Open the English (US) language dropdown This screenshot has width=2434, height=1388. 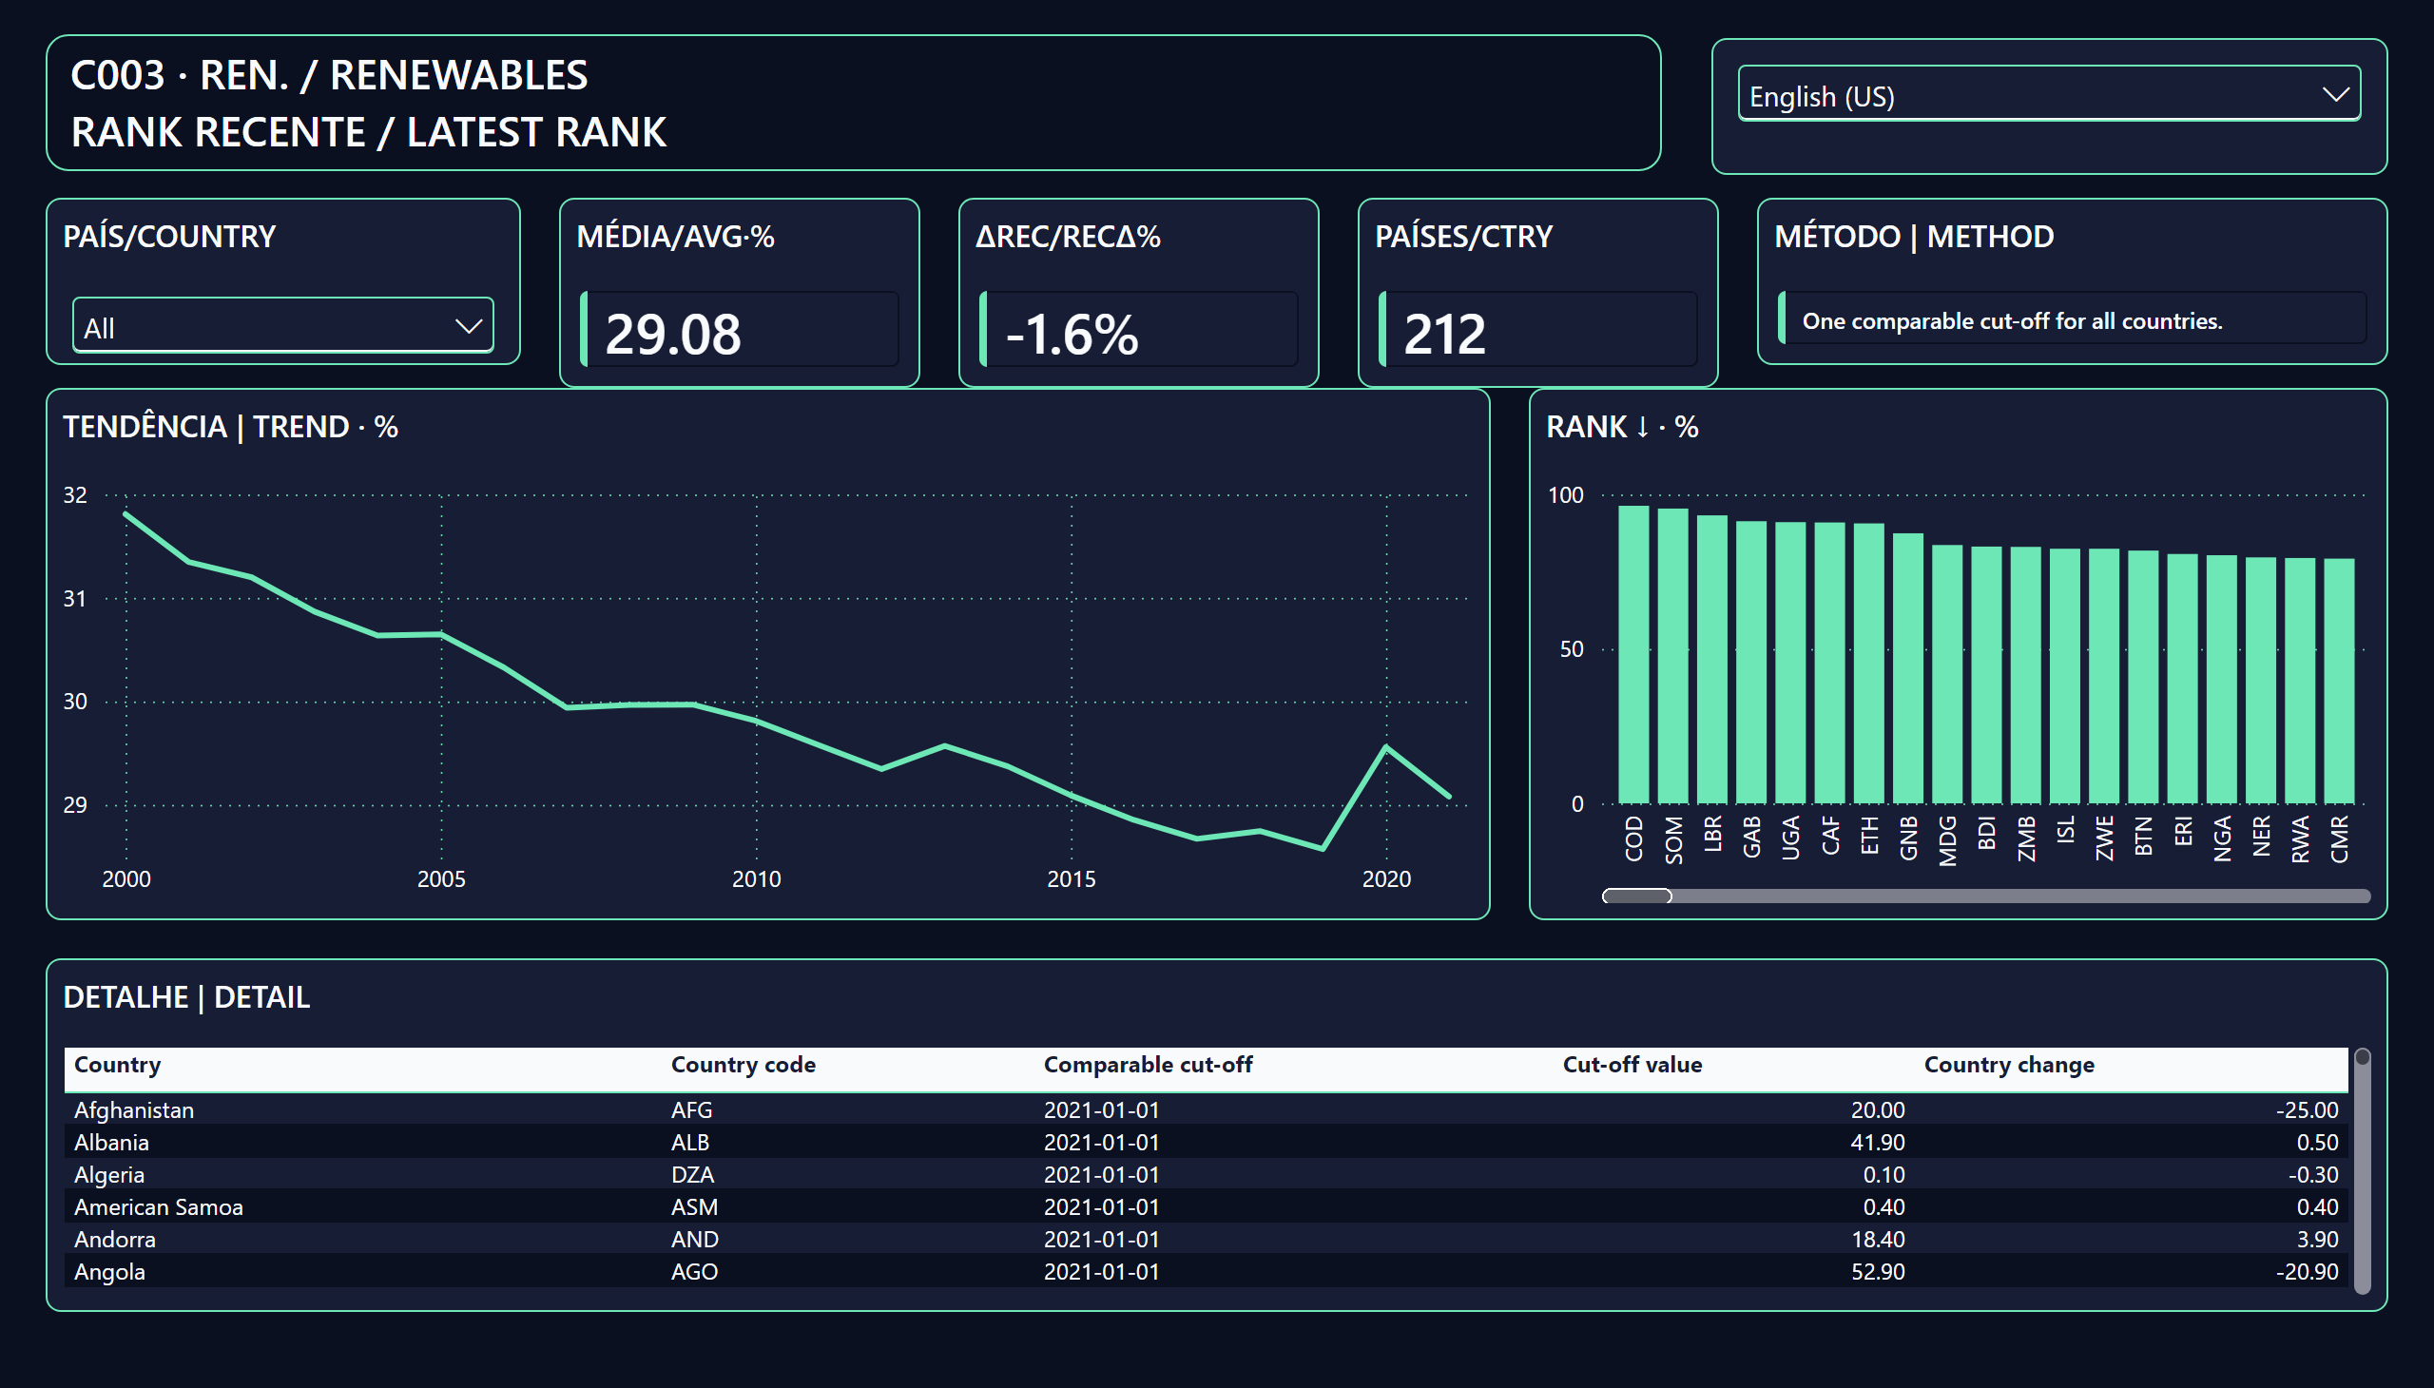point(2049,93)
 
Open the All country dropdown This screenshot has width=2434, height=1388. point(283,325)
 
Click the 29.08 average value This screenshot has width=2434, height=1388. point(672,334)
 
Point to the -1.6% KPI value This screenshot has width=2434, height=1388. point(1072,334)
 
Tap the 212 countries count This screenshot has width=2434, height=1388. point(1444,334)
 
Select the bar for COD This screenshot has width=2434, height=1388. point(1634,655)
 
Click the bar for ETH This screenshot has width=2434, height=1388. point(1868,664)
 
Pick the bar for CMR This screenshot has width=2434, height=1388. point(2339,681)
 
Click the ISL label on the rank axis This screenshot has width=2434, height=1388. point(2065,830)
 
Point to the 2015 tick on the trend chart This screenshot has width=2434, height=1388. point(1071,879)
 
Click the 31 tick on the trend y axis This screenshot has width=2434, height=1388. point(75,599)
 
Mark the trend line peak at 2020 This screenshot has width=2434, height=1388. point(1386,746)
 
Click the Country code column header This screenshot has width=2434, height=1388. point(743,1065)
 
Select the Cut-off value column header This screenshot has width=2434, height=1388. point(1632,1065)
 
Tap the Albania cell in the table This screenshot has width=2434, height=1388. point(111,1142)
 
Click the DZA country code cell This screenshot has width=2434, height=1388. point(692,1174)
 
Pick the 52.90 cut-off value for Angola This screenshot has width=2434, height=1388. point(1877,1272)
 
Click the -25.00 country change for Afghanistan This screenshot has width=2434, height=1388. point(2308,1109)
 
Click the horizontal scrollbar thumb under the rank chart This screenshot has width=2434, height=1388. point(1637,896)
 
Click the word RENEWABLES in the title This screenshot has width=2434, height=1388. point(458,75)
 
